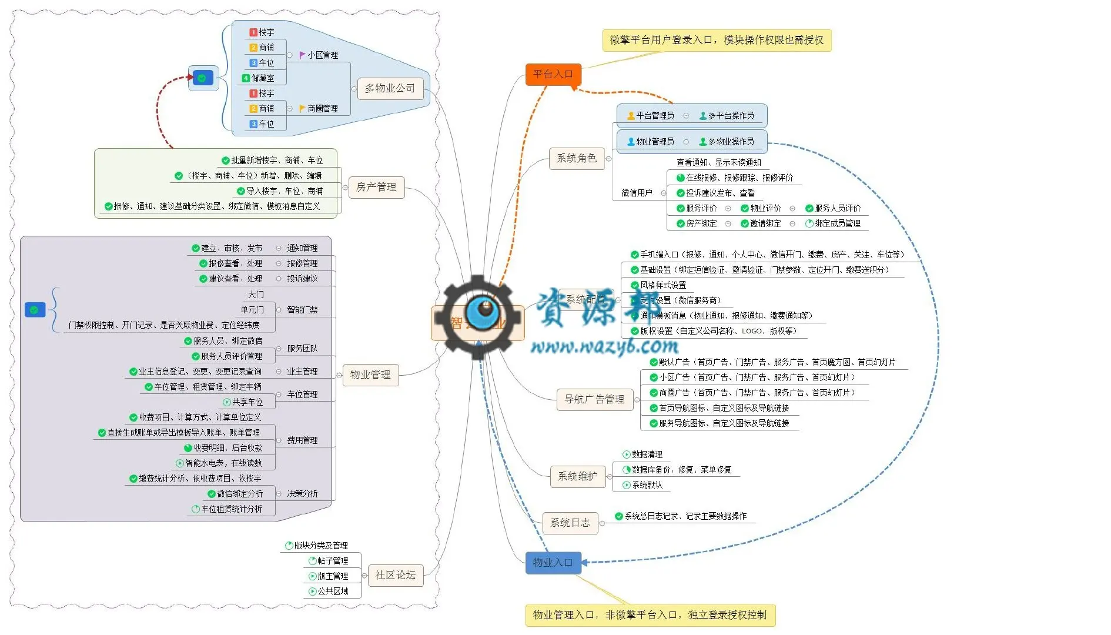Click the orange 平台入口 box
553,74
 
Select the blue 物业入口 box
553,563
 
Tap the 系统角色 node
576,158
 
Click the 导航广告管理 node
594,399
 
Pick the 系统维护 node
577,476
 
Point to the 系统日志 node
570,523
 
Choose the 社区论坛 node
395,575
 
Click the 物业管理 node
370,375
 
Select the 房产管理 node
376,187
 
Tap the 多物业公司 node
390,88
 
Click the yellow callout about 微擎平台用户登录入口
717,40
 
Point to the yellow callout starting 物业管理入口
650,615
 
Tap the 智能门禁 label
302,310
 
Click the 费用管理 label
302,440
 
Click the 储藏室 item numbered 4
262,78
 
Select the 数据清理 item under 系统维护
647,454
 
